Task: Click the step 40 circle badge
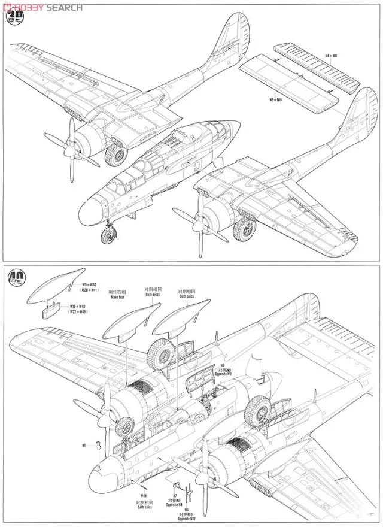click(17, 277)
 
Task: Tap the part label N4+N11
click(332, 56)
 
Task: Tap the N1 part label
click(84, 445)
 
